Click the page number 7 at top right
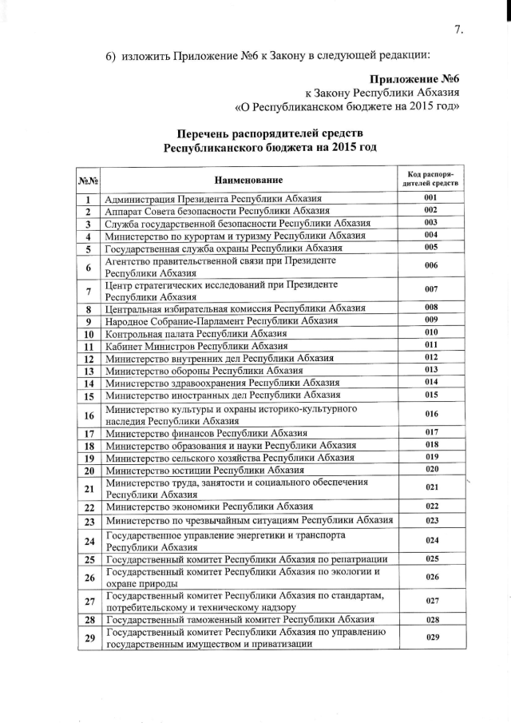point(458,30)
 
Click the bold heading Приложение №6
point(415,81)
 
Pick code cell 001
point(430,197)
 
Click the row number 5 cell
point(87,248)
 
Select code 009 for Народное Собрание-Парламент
point(430,320)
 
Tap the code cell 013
point(430,370)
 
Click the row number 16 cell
point(87,414)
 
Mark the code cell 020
point(430,469)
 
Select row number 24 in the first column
point(87,542)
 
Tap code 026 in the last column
point(430,577)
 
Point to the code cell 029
point(430,637)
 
